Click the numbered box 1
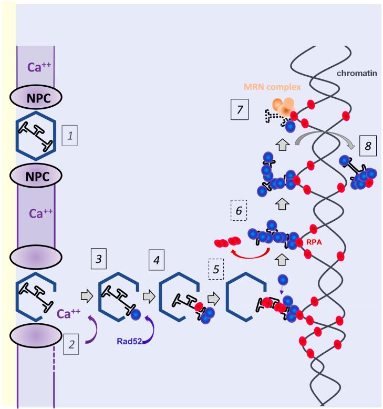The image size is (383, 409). [x=70, y=138]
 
